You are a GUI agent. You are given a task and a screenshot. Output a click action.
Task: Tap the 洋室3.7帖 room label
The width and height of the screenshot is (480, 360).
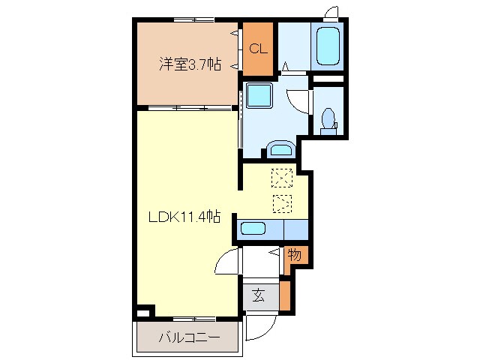click(189, 64)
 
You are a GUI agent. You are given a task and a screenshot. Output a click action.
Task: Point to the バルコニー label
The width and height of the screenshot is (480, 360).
click(189, 337)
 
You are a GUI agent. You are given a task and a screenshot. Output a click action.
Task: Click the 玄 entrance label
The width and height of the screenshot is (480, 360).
click(258, 295)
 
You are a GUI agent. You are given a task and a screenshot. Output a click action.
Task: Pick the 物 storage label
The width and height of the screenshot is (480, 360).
click(295, 256)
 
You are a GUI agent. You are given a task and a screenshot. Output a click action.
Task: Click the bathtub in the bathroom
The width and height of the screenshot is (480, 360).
click(327, 46)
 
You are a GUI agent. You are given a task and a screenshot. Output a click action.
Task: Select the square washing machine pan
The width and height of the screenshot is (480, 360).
click(259, 97)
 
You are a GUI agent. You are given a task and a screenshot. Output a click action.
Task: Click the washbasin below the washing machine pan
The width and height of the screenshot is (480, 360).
click(281, 148)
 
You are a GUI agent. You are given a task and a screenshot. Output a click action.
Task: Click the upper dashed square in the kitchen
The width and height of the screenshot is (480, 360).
click(282, 177)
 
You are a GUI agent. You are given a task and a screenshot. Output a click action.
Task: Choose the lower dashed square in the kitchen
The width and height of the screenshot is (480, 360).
click(282, 202)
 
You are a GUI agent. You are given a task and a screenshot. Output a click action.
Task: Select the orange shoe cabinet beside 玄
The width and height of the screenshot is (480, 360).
click(284, 295)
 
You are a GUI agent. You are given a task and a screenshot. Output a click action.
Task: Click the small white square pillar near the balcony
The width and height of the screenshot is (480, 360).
click(144, 310)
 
